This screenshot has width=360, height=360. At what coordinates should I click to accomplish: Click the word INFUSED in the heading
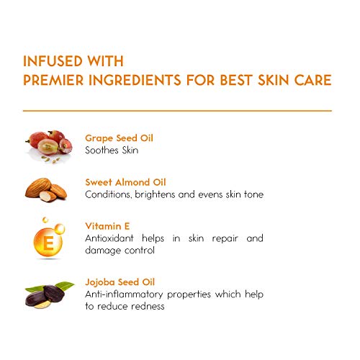coord(50,61)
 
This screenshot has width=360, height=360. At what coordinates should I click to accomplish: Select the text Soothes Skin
coord(112,150)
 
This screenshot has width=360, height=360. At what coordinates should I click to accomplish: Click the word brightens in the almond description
coord(168,194)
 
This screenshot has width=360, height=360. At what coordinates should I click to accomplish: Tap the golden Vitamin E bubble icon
coord(49,238)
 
